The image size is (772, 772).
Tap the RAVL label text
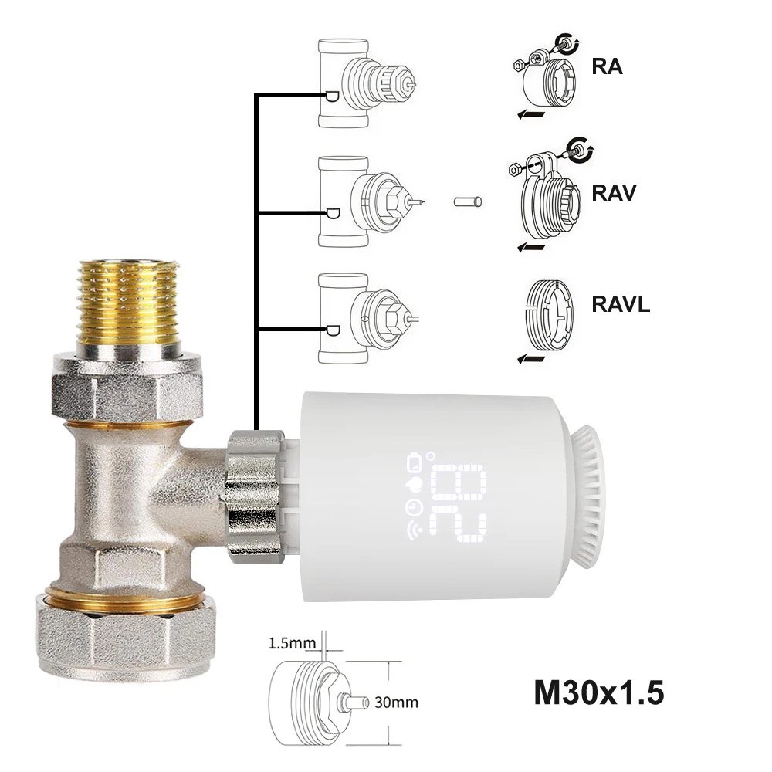click(621, 303)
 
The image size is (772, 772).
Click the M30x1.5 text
click(598, 692)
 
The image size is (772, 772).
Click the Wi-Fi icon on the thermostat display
click(409, 532)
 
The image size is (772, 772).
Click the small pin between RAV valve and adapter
click(468, 202)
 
